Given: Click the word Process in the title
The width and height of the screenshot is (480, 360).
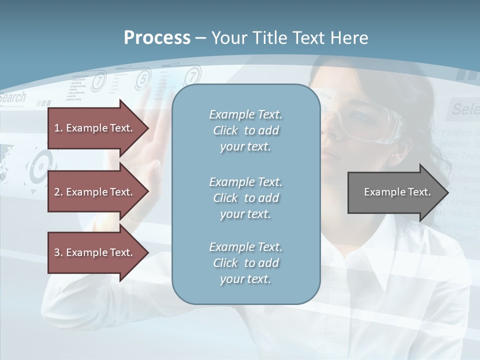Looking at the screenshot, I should click(x=157, y=38).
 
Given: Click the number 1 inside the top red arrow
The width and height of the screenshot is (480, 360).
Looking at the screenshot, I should click(x=57, y=128).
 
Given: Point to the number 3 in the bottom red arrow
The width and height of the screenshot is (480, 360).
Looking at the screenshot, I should click(x=57, y=252).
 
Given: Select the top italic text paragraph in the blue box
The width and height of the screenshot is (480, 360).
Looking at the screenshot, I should click(x=245, y=130).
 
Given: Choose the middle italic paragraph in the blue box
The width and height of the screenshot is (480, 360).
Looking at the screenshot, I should click(x=245, y=198).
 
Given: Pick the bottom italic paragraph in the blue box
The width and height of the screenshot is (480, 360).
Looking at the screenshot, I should click(x=245, y=263).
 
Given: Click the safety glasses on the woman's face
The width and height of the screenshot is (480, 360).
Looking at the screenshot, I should click(x=365, y=120).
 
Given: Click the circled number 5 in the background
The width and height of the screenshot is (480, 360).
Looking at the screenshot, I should click(x=143, y=78).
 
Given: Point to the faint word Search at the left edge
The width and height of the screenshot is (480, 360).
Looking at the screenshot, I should click(x=13, y=97).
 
